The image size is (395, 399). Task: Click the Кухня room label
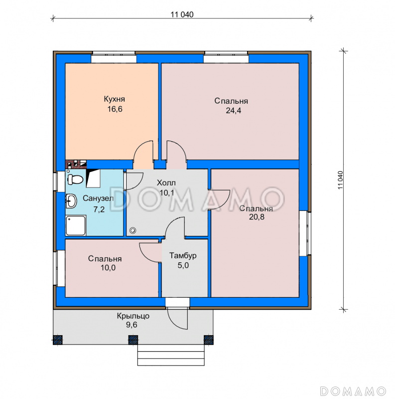(x=115, y=99)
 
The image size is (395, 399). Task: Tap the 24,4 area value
(x=233, y=111)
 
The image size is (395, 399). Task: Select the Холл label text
(x=166, y=183)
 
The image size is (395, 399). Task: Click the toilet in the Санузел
(x=75, y=179)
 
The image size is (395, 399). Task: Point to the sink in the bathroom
(x=71, y=201)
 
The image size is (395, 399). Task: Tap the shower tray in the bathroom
(x=76, y=225)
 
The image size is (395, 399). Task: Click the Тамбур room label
(x=183, y=255)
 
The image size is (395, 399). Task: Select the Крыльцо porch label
(x=133, y=316)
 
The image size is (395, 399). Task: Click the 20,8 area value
(x=257, y=217)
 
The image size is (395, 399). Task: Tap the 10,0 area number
(x=108, y=268)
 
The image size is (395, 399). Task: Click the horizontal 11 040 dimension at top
(x=182, y=14)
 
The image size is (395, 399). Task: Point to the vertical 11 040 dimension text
(x=341, y=180)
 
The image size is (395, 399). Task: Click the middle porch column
(x=133, y=340)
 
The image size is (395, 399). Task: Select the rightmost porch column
(x=209, y=340)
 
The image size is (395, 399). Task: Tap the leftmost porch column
(x=58, y=340)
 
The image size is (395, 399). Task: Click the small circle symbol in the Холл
(x=132, y=230)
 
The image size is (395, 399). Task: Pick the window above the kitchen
(x=114, y=57)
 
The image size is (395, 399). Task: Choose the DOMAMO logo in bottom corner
(x=353, y=391)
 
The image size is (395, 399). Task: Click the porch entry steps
(x=171, y=355)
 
